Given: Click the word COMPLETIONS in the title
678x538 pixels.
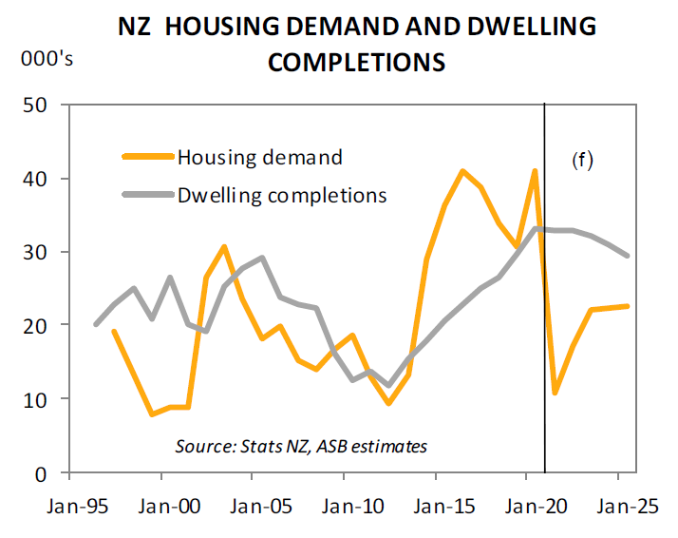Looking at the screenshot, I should point(356,63).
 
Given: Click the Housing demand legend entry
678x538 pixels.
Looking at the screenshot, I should point(259,157).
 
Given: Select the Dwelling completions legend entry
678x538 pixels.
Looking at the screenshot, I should point(282,196).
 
